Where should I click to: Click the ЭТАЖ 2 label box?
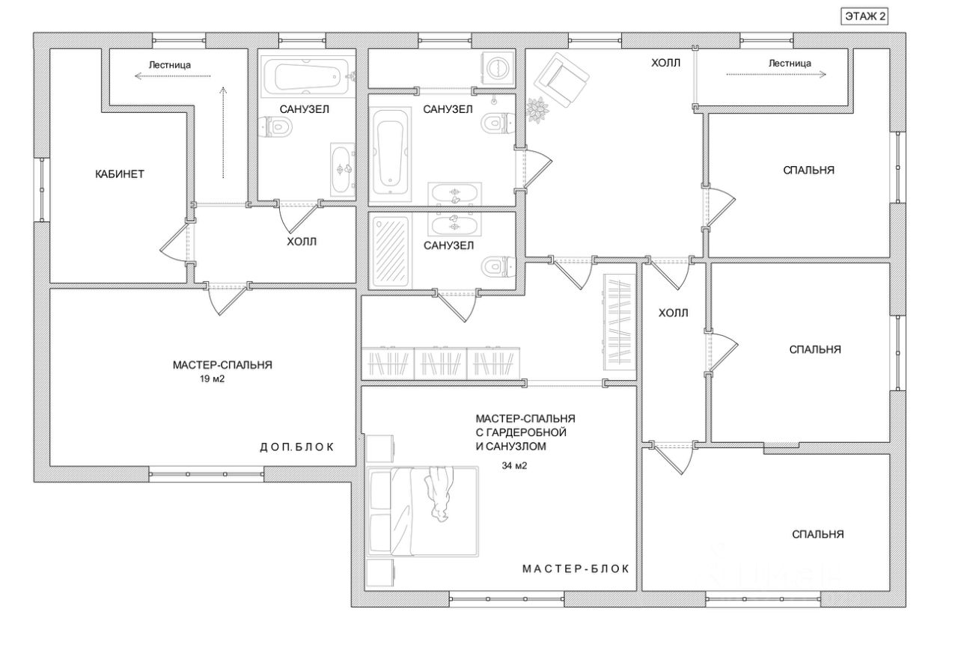point(864,17)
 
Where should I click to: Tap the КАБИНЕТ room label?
point(120,174)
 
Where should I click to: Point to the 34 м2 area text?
point(515,465)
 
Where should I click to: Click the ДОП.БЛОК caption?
point(296,447)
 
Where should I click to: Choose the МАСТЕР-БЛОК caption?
point(576,569)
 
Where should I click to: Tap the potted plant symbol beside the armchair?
point(538,110)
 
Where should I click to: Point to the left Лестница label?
point(169,65)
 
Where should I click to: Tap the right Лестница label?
point(789,64)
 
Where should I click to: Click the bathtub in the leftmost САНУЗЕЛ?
point(308,76)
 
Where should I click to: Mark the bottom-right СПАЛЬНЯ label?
point(818,534)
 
